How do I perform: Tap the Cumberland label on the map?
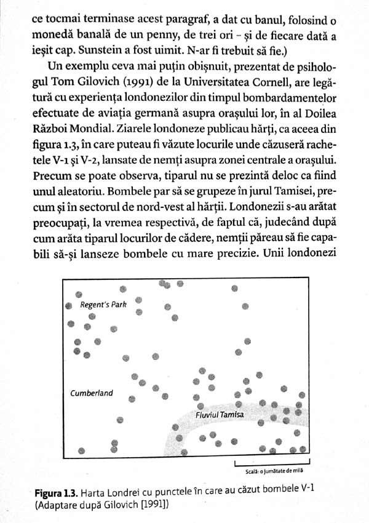pos(92,393)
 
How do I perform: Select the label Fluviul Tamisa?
pos(220,415)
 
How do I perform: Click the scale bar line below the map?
pos(272,461)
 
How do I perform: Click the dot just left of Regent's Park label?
pos(70,305)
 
